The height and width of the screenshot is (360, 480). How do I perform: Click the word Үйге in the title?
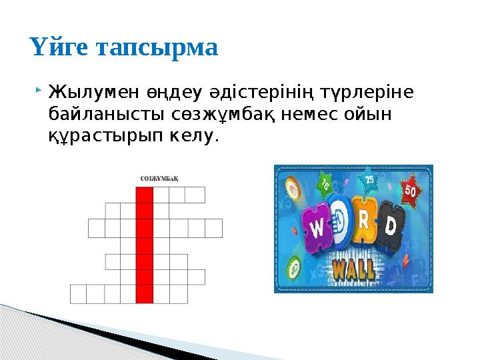pos(61,47)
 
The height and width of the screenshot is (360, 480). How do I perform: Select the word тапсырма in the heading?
pos(157,49)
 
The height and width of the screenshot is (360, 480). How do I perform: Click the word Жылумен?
pos(89,91)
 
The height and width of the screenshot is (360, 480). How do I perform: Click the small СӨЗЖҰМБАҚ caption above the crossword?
pos(163,178)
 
